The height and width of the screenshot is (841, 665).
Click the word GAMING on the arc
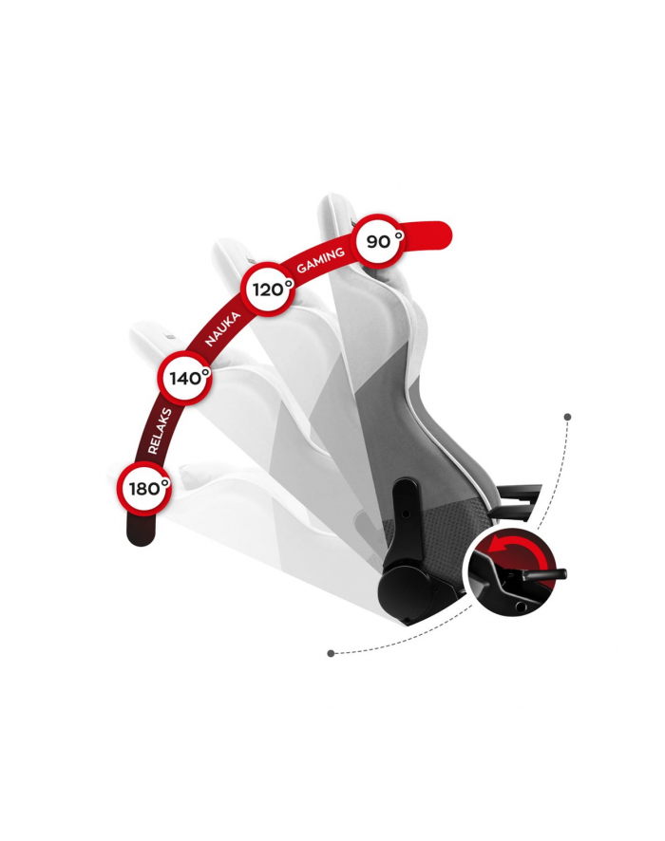click(321, 260)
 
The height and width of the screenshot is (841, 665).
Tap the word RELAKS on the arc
click(160, 431)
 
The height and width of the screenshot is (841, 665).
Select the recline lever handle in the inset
click(544, 574)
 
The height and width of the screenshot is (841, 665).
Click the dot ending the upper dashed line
click(568, 417)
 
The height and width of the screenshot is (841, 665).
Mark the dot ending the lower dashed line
click(331, 653)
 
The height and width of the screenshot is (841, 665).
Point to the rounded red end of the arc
click(437, 235)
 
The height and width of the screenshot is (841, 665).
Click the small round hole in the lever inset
click(520, 606)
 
